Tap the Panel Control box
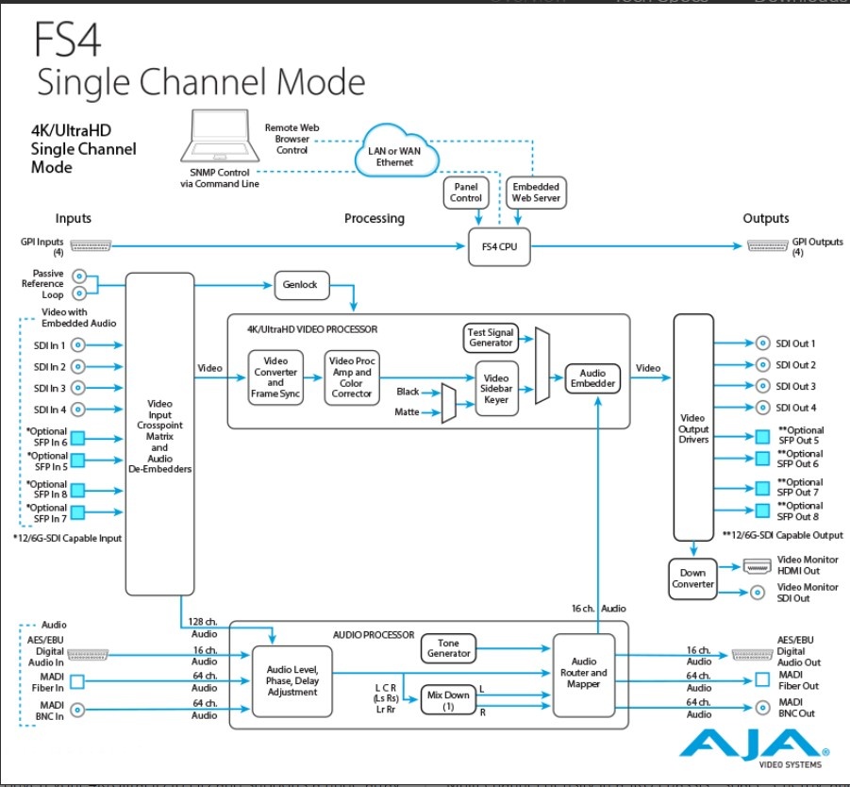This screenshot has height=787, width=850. pos(466,193)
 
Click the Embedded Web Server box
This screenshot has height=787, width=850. pos(536,193)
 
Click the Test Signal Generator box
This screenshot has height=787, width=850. pos(490,337)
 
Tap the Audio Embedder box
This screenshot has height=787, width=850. pos(592,378)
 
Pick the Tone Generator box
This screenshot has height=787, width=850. pos(449,648)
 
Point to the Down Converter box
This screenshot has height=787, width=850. pos(693,578)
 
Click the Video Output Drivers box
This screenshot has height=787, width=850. pos(693,427)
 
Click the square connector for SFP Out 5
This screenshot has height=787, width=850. pos(762,436)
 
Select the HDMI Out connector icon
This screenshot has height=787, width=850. pos(757,567)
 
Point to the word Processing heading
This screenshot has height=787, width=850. pos(375,218)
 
